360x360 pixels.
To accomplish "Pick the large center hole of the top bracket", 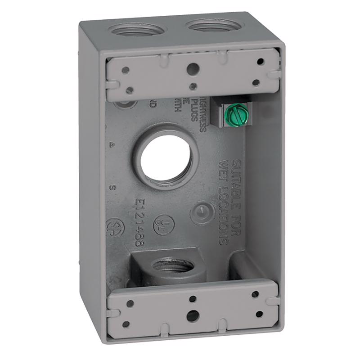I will click(x=192, y=68).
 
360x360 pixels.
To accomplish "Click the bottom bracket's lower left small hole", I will click(x=126, y=324).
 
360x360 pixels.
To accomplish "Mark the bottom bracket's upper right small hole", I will click(x=255, y=294).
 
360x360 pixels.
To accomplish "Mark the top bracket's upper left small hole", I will click(x=126, y=70).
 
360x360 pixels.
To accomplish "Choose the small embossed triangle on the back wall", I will click(x=111, y=145).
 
